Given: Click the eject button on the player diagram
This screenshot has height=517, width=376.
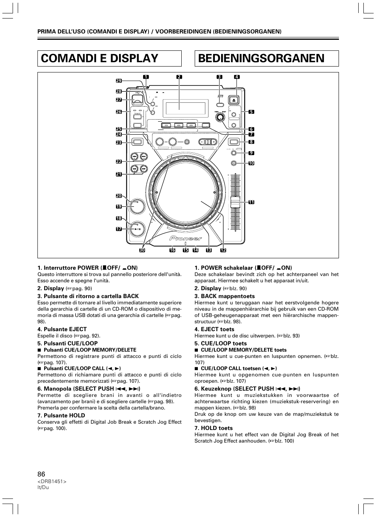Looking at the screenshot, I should (234, 100).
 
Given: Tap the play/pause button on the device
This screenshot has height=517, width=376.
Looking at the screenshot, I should (137, 229).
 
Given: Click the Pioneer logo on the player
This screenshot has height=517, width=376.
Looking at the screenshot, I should (186, 238).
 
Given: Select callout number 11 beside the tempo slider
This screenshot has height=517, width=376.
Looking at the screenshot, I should (251, 202).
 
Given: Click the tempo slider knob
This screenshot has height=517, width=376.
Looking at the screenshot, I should (235, 202).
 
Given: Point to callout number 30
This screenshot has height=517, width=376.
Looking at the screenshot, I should (142, 250).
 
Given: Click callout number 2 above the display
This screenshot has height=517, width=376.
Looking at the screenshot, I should (179, 77).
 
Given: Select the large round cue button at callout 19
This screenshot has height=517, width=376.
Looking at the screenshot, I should (137, 206).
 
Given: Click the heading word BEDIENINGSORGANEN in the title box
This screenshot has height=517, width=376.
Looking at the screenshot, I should (261, 58).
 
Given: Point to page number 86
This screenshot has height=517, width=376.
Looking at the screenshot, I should (41, 474).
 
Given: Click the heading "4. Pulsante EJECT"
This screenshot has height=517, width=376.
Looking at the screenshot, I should (62, 329).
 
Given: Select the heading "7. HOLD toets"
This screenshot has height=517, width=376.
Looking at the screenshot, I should (213, 428).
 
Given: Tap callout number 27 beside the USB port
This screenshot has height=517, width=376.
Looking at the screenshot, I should (119, 100).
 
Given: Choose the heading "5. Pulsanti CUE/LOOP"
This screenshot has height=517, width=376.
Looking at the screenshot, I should (67, 343).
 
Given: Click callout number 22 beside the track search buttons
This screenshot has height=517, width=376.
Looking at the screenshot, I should (119, 161).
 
